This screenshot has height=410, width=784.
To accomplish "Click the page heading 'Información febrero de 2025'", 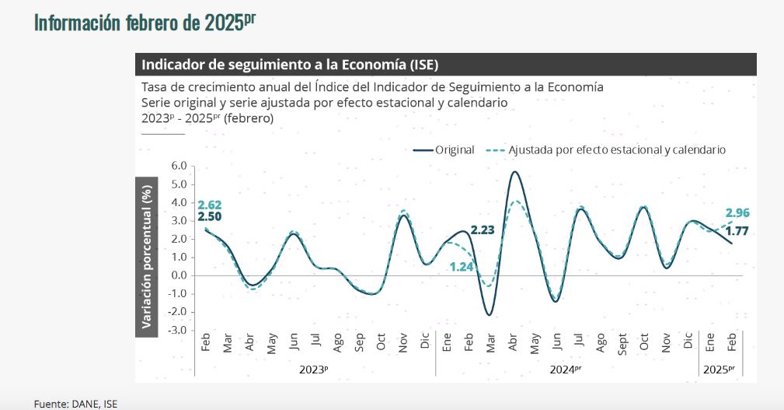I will pyautogui.click(x=145, y=22).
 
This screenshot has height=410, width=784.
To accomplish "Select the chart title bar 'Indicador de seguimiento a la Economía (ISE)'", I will pyautogui.click(x=295, y=65).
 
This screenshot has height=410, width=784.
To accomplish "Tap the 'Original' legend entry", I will pyautogui.click(x=444, y=150).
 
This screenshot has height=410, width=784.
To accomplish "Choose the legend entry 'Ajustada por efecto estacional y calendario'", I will pyautogui.click(x=606, y=150).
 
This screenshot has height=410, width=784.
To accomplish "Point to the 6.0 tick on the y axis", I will pyautogui.click(x=179, y=166).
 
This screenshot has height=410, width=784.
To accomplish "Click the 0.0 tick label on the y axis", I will pyautogui.click(x=179, y=275).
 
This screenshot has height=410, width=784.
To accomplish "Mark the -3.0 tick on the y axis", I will pyautogui.click(x=177, y=330).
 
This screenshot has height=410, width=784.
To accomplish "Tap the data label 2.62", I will pyautogui.click(x=210, y=205).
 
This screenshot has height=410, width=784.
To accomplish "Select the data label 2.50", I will pyautogui.click(x=210, y=217).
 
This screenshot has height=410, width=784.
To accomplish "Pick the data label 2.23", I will pyautogui.click(x=483, y=230).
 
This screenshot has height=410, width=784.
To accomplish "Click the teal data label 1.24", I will pyautogui.click(x=462, y=267).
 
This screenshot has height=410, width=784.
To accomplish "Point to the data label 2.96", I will pyautogui.click(x=737, y=212).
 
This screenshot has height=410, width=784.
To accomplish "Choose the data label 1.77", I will pyautogui.click(x=737, y=230).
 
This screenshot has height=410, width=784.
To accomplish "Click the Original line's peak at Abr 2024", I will pyautogui.click(x=514, y=172).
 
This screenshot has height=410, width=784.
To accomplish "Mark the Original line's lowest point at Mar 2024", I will pyautogui.click(x=489, y=314).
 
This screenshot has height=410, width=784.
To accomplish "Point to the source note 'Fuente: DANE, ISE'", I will pyautogui.click(x=75, y=403).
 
